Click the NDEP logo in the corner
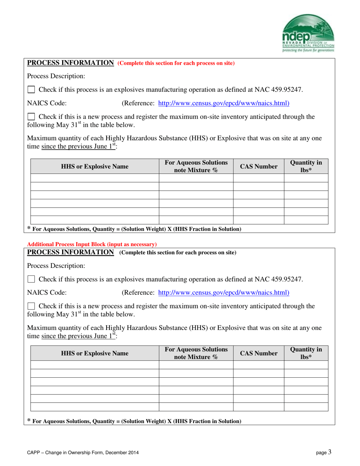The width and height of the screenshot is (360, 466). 308,33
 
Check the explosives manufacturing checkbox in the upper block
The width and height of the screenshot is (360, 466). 31,90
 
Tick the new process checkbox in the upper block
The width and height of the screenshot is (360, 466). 31,117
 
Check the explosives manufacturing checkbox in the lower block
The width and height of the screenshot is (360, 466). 31,280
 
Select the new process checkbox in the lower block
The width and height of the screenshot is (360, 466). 31,306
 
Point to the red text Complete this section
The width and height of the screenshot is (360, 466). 176,63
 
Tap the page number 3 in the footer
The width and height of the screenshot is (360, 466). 330,451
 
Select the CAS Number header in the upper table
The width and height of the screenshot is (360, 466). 258,166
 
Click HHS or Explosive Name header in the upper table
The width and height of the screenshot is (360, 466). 95,166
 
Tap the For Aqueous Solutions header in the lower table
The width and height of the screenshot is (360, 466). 196,353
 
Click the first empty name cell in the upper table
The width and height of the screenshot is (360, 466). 95,178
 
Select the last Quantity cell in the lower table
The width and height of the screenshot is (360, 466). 306,407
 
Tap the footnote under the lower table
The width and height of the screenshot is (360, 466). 135,421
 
